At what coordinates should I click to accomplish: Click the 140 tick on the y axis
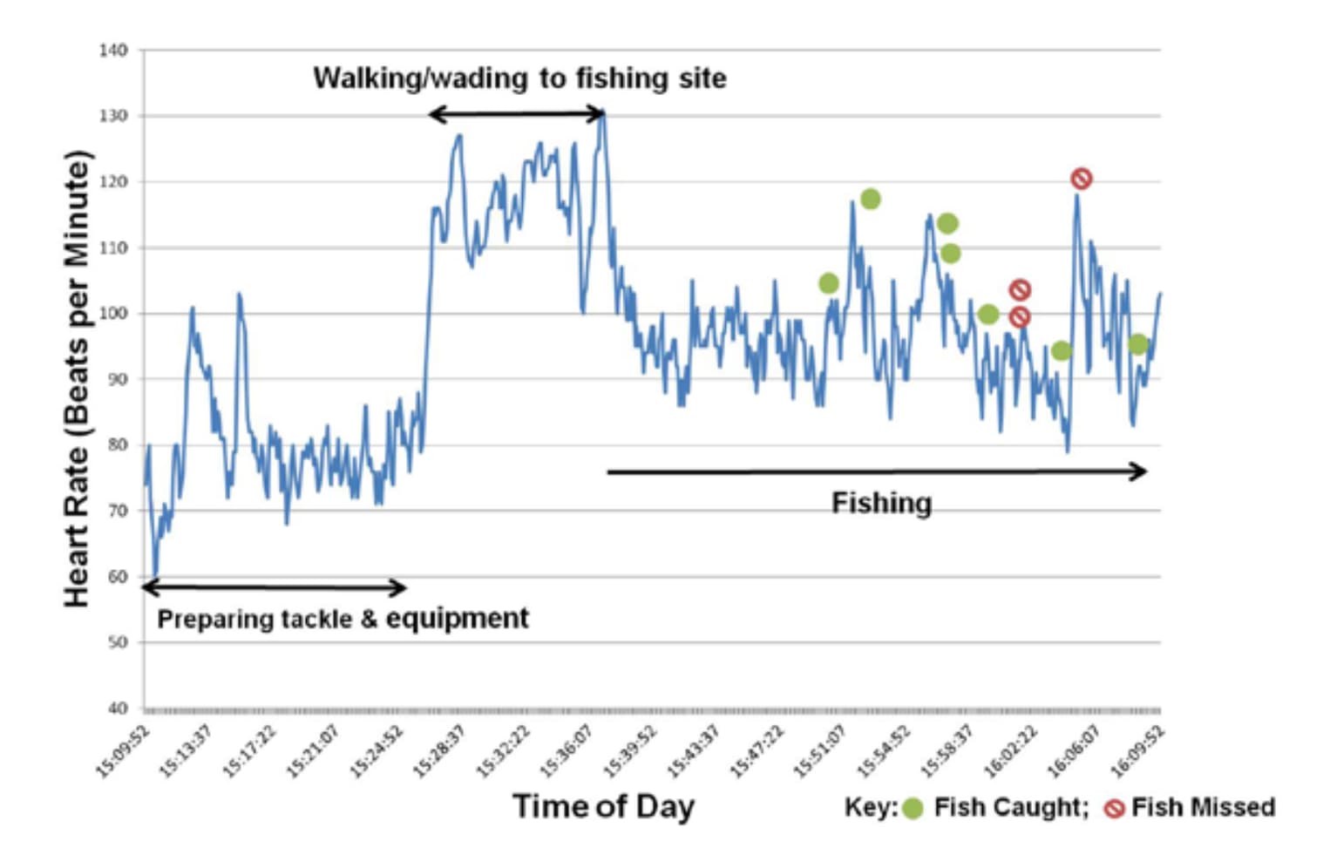tap(113, 51)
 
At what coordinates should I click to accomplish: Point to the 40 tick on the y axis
tap(118, 708)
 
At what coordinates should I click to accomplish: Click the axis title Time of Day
tap(603, 806)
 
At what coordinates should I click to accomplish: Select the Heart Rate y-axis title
tap(77, 379)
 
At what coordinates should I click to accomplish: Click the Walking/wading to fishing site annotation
tap(519, 78)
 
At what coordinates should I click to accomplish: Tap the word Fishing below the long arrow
tap(881, 503)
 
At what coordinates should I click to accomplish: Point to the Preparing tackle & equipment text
tap(343, 619)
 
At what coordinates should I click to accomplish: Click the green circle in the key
tap(912, 809)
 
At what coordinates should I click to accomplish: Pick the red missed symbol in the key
tap(1114, 809)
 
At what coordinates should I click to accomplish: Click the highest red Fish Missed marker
tap(1081, 179)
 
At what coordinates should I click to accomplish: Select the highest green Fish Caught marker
tap(870, 200)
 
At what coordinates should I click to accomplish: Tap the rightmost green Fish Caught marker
tap(1137, 344)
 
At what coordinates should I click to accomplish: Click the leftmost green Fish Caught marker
tap(829, 283)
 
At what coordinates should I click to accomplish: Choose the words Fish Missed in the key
tap(1203, 808)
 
